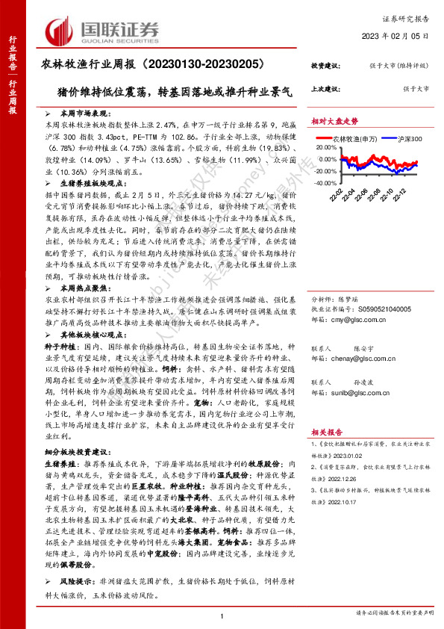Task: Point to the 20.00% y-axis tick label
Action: tap(328, 148)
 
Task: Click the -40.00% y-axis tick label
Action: tap(326, 182)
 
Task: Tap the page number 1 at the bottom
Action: tap(222, 615)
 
